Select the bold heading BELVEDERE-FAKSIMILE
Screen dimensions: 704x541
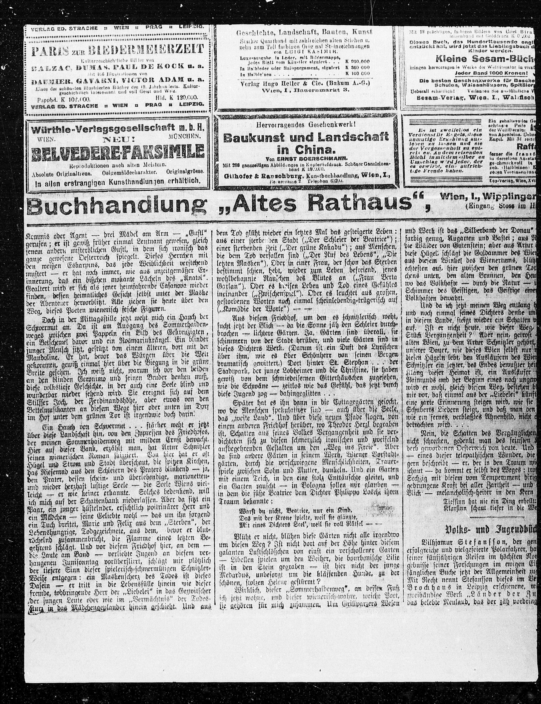tap(118, 153)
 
